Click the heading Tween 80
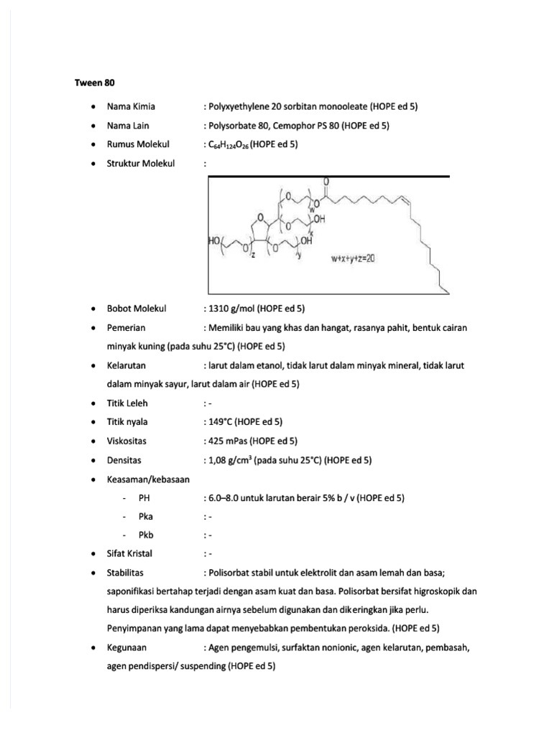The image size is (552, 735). pos(95,83)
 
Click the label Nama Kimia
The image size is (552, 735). pos(131,106)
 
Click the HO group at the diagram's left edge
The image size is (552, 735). pos(216,243)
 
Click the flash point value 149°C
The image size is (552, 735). pos(221,422)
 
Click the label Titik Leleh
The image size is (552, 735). pos(127,403)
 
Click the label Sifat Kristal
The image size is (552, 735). pos(129,553)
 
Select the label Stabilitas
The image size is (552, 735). pos(126,573)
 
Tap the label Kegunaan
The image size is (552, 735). pos(126,648)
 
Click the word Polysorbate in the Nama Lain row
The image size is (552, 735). pos(233,126)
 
